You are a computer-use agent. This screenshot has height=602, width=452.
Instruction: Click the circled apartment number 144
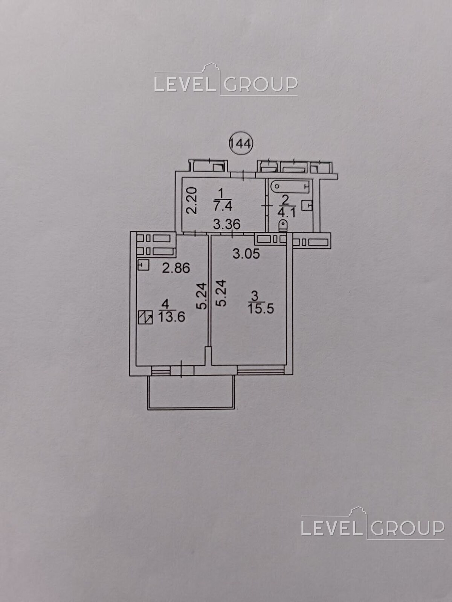click(241, 143)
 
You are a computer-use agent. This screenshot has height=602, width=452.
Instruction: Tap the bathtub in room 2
click(290, 187)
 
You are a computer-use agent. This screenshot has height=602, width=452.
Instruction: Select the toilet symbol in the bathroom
click(283, 226)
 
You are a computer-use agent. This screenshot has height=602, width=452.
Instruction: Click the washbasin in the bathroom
click(307, 205)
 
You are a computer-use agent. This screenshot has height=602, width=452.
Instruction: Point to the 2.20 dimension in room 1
click(192, 201)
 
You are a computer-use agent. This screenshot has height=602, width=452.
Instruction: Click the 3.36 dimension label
click(227, 224)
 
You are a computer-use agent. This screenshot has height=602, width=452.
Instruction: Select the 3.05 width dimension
click(246, 254)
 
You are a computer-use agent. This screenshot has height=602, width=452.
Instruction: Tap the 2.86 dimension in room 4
click(176, 268)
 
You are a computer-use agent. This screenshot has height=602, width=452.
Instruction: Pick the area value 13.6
click(171, 317)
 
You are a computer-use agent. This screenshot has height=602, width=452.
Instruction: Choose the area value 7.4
click(223, 205)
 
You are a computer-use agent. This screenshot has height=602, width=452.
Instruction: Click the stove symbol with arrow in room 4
click(145, 317)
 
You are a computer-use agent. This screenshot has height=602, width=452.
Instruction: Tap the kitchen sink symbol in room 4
click(143, 265)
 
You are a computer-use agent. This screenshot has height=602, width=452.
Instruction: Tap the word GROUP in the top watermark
click(261, 84)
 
